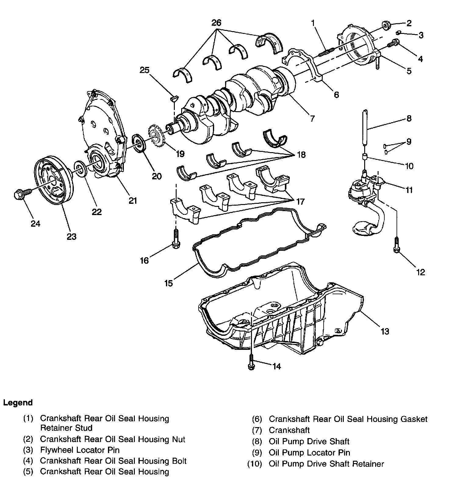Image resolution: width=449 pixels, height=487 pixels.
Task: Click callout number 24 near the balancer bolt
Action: point(35,224)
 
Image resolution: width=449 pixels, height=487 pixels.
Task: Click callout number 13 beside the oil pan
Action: point(385,331)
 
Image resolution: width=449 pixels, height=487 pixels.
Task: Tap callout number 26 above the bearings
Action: point(216,23)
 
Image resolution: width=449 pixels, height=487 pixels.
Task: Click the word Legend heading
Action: point(18,402)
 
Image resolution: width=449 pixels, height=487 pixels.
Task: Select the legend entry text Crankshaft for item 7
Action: point(289,430)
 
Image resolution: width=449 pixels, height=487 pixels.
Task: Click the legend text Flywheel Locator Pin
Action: point(80,450)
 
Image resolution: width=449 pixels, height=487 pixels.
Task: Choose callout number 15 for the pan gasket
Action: point(168,283)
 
